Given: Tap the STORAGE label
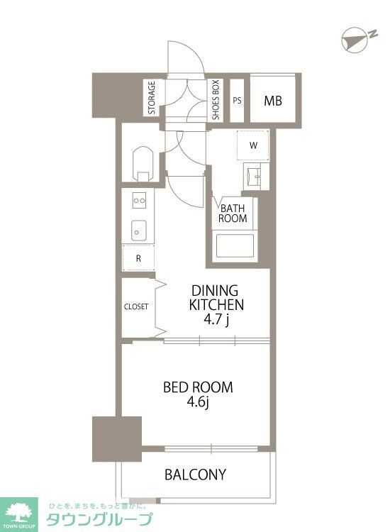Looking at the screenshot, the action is pos(152,97).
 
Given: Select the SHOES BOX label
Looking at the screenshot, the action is pos(216,100).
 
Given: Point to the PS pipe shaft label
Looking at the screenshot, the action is pos(237,101).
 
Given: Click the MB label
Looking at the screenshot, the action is pos(273,101).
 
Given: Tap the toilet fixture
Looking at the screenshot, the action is pos(143,165).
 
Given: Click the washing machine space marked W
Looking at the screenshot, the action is pos(253,145).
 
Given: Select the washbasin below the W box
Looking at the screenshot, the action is pos(257,176).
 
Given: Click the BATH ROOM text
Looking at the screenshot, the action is pos(233,213).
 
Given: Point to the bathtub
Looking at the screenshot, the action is pos(235,245).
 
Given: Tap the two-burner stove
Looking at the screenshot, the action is pos(140,201).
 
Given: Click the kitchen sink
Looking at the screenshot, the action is pos(139,230).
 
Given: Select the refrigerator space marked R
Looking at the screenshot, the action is pos(138,257).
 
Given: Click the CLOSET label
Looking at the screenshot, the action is pos(136,306).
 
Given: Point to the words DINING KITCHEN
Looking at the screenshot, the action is pos(216,297).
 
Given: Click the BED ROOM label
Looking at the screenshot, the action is pos(198,387).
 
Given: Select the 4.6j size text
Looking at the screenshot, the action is pos(198,403).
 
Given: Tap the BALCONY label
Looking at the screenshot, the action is pos(195,475).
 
